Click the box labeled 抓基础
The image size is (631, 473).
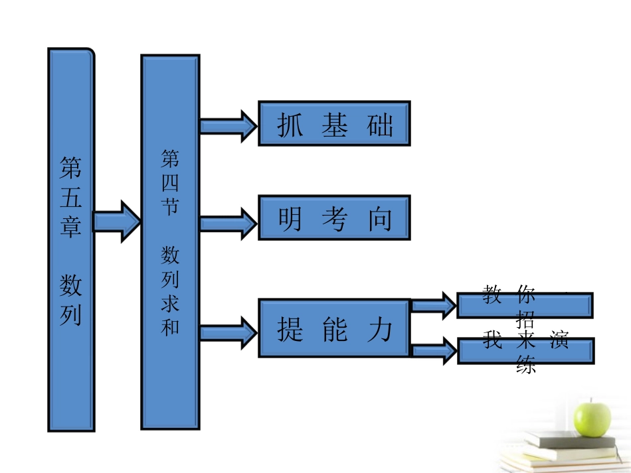(x=334, y=123)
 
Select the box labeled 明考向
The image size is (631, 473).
(x=334, y=218)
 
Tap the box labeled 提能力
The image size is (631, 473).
(x=334, y=328)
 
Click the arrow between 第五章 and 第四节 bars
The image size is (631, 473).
(x=117, y=220)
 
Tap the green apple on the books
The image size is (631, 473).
(x=592, y=417)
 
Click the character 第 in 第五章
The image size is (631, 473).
(x=71, y=169)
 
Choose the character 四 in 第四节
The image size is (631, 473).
(x=170, y=182)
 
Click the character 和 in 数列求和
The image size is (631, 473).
(x=170, y=326)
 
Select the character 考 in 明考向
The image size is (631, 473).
(x=334, y=219)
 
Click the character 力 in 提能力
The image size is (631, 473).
(x=379, y=329)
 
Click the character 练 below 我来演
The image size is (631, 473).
(x=525, y=364)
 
